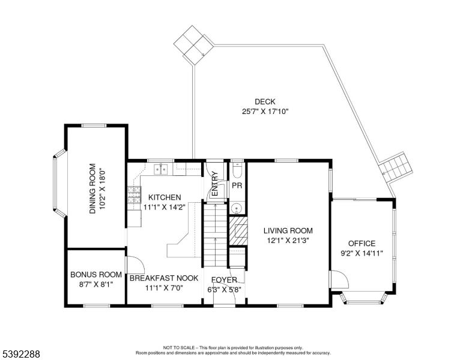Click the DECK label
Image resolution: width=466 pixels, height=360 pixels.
pyautogui.click(x=265, y=102)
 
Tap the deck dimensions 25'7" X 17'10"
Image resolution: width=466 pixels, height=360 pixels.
pyautogui.click(x=265, y=112)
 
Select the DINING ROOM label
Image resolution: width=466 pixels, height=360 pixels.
pyautogui.click(x=92, y=188)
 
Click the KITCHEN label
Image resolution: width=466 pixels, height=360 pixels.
pyautogui.click(x=165, y=197)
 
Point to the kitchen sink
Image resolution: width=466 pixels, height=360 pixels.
pyautogui.click(x=161, y=169)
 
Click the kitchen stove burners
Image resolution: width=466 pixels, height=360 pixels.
pyautogui.click(x=135, y=195)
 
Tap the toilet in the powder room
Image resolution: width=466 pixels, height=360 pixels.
pyautogui.click(x=237, y=169)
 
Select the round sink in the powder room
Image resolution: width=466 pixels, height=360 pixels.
pyautogui.click(x=237, y=208)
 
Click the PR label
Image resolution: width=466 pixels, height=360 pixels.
pyautogui.click(x=237, y=185)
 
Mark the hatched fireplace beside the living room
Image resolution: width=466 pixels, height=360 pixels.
pyautogui.click(x=238, y=231)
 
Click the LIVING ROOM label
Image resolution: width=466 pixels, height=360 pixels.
pyautogui.click(x=288, y=230)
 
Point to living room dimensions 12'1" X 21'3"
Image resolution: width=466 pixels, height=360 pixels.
pyautogui.click(x=288, y=240)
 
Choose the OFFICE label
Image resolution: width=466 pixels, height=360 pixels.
pyautogui.click(x=362, y=244)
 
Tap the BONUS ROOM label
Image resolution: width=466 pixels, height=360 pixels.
pyautogui.click(x=96, y=275)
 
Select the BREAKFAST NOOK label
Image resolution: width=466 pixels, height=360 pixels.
pyautogui.click(x=164, y=278)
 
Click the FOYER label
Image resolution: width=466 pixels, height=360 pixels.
pyautogui.click(x=224, y=280)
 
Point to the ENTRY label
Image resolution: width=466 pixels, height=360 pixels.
pyautogui.click(x=215, y=184)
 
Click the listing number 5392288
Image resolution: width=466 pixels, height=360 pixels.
pyautogui.click(x=21, y=354)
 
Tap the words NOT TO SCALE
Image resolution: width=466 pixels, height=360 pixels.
pyautogui.click(x=179, y=347)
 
